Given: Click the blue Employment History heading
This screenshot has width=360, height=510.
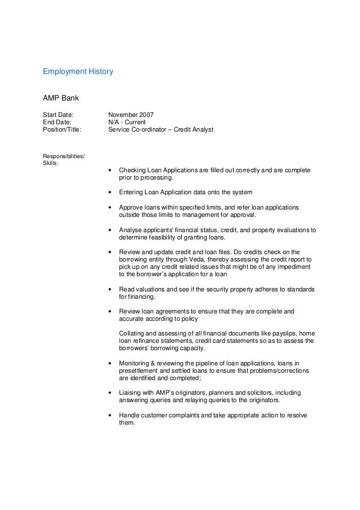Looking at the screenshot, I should (78, 72).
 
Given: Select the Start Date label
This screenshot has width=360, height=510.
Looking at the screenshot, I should (58, 114).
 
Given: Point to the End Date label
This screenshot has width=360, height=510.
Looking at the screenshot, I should (57, 121).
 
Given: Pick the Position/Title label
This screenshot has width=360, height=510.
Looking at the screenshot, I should (62, 129).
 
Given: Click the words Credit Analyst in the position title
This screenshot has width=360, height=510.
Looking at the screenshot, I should (194, 129).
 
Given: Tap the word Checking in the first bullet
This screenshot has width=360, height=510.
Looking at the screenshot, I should (131, 170).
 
